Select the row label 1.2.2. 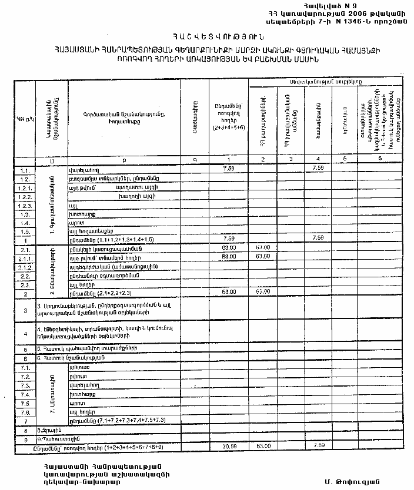click(24, 196)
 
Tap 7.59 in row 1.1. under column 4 click(319, 169)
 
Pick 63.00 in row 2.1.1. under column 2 click(262, 257)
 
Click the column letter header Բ click(124, 159)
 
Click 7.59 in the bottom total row click(319, 446)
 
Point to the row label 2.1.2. click(24, 266)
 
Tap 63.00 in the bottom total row click(262, 446)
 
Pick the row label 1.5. click(24, 231)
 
